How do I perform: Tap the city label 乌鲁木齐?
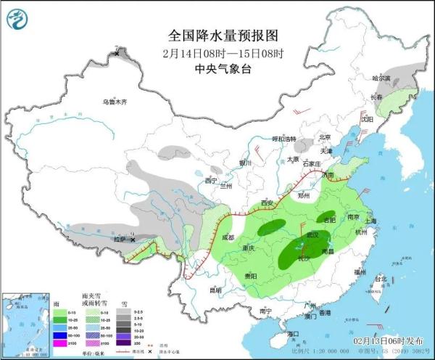[114, 102]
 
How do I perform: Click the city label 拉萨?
[119, 239]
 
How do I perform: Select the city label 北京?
[324, 136]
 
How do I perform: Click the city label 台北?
[380, 278]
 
